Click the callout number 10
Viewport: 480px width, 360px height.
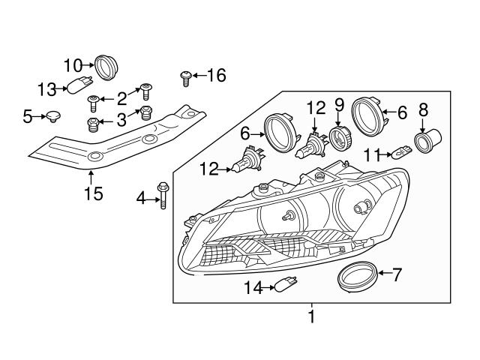73,65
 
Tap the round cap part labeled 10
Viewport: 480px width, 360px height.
106,67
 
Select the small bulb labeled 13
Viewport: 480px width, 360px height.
79,85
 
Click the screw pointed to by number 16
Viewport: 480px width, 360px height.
185,79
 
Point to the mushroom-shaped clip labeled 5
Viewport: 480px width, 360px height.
53,117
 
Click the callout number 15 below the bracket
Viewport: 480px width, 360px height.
94,193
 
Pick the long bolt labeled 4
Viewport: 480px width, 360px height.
163,195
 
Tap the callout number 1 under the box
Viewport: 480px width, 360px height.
312,316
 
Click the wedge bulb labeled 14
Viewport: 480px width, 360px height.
286,284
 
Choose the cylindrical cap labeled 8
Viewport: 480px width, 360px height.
427,140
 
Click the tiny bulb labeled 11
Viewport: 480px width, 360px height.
402,152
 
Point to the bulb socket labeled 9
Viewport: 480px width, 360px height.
340,138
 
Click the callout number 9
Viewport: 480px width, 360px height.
339,105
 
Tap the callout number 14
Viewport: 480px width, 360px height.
253,288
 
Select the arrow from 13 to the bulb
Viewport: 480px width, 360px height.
61,88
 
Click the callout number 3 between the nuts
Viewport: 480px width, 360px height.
121,120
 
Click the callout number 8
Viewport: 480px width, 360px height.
423,110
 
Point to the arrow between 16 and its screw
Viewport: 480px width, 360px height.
199,75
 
